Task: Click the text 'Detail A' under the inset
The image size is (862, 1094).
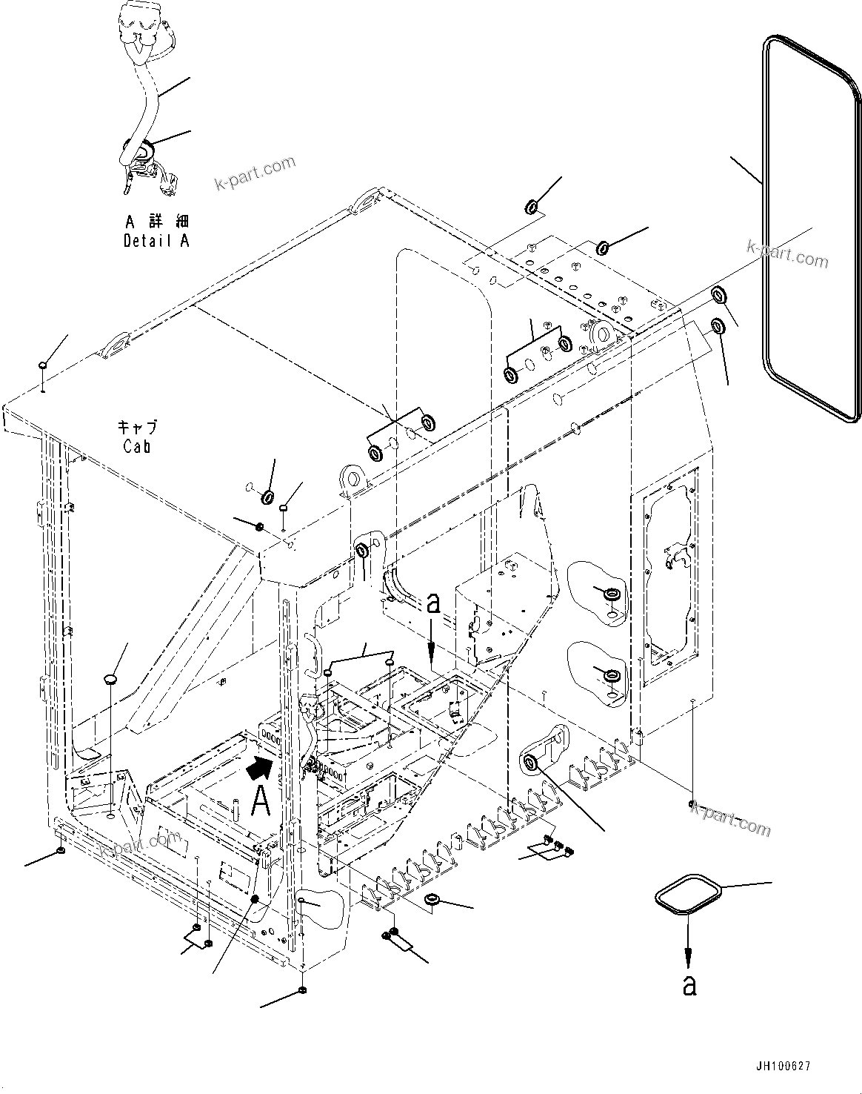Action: (156, 241)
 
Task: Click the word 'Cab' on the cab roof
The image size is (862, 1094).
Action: (138, 446)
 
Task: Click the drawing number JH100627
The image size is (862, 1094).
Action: (783, 1066)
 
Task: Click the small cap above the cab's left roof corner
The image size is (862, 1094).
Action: (44, 365)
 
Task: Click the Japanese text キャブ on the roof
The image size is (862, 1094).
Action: (138, 428)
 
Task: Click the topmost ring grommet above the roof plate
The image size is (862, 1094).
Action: (532, 205)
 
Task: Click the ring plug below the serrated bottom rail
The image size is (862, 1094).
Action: (431, 900)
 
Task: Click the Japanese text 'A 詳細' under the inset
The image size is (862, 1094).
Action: (156, 222)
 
